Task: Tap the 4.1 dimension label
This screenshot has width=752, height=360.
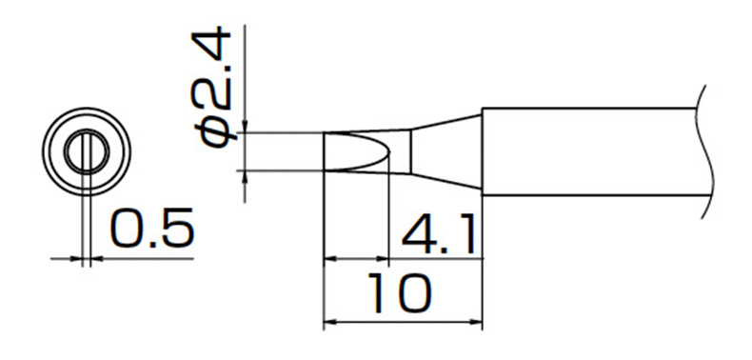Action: click(x=438, y=234)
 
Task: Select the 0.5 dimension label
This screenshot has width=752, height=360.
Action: click(x=152, y=228)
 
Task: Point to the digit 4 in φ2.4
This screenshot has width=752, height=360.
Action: click(x=211, y=44)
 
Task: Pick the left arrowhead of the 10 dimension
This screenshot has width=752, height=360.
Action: click(x=329, y=322)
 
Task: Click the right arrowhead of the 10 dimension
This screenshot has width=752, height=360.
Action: click(x=476, y=322)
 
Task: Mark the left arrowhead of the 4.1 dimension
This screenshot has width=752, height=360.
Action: click(x=329, y=259)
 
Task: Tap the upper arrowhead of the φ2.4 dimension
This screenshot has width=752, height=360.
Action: click(x=245, y=127)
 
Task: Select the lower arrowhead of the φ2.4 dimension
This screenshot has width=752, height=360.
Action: click(x=245, y=176)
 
